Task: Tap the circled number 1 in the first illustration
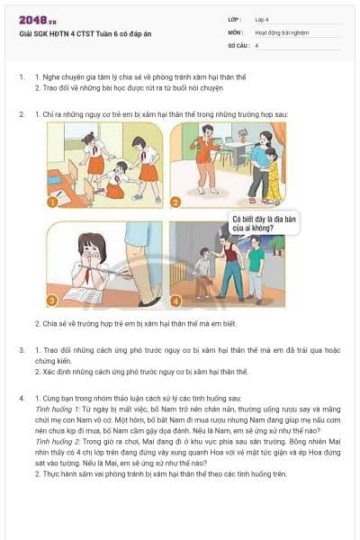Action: [53, 202]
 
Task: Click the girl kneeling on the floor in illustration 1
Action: [113, 184]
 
